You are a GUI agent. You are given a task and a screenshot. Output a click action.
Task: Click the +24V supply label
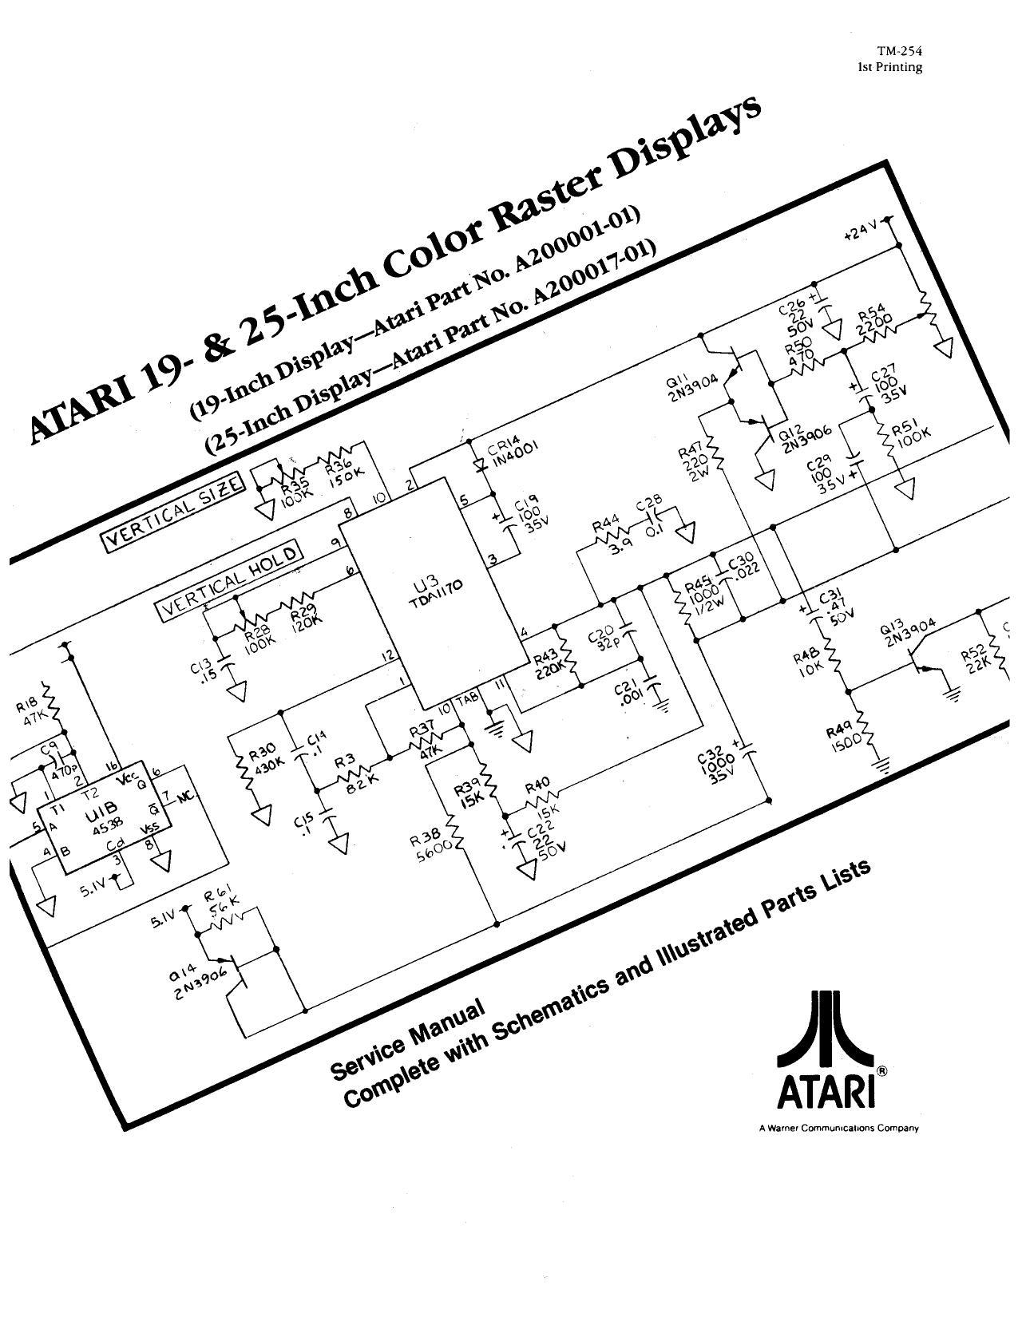pyautogui.click(x=862, y=233)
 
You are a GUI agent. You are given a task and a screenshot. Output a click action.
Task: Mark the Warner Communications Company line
pyautogui.click(x=838, y=1129)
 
